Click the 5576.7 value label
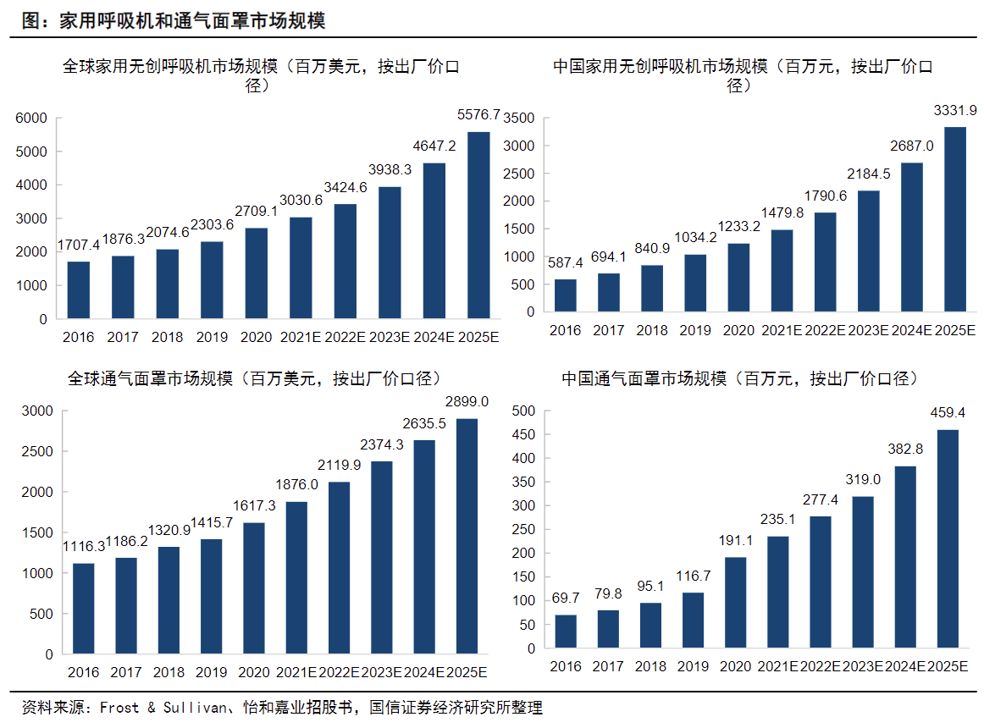coord(478,112)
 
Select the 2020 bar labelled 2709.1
coord(257,273)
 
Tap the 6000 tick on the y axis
coord(31,118)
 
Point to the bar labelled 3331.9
coord(954,219)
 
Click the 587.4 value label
coord(566,262)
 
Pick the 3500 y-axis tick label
coord(519,119)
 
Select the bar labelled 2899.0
coord(466,536)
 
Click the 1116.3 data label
coord(83,547)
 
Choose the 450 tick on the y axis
coord(524,435)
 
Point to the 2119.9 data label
coord(339,465)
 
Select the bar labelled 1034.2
coord(696,283)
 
